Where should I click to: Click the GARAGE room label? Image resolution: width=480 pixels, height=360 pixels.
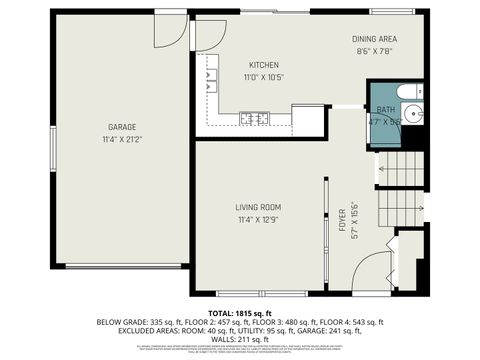[x=122, y=127]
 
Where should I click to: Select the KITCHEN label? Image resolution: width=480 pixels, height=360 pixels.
[x=264, y=65]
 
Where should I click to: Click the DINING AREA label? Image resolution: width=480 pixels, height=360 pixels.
[x=375, y=39]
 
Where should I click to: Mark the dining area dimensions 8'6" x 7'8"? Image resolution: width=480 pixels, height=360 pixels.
[x=375, y=52]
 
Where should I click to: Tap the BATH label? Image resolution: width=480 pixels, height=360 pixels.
[x=385, y=109]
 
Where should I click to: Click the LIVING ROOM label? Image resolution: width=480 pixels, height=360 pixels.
[x=258, y=207]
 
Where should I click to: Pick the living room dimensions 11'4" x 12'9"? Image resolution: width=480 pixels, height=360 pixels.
[x=258, y=220]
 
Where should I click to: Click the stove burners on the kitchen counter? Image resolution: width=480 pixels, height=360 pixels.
[x=254, y=119]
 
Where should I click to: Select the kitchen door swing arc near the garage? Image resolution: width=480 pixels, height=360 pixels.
[x=209, y=35]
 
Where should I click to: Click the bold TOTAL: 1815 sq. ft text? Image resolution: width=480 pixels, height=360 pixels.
[x=240, y=314]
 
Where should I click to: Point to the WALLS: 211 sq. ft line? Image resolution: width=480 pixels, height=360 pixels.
[x=240, y=340]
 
